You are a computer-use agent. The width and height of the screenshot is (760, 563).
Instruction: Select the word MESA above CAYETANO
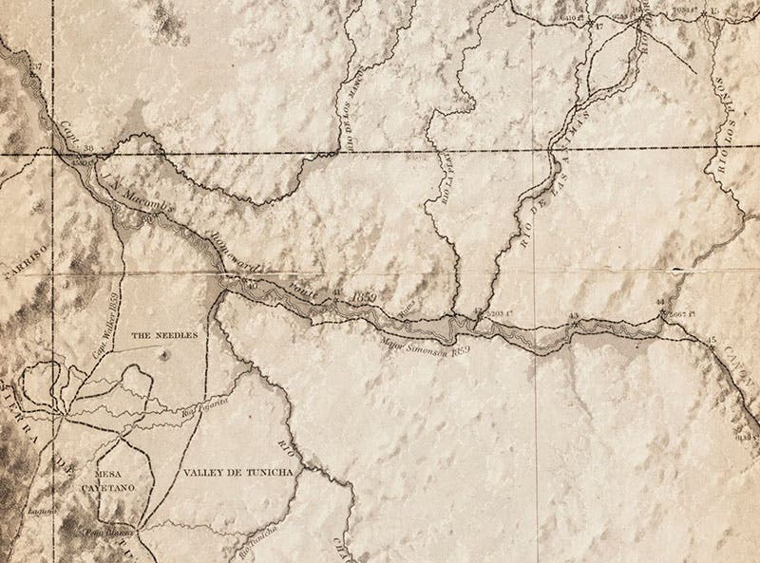pos(112,468)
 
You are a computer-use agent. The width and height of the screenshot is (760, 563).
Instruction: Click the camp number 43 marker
pos(573,314)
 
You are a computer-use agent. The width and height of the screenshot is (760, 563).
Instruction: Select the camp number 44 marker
pos(660,302)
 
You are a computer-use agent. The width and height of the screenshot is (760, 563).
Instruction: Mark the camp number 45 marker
pos(712,339)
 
